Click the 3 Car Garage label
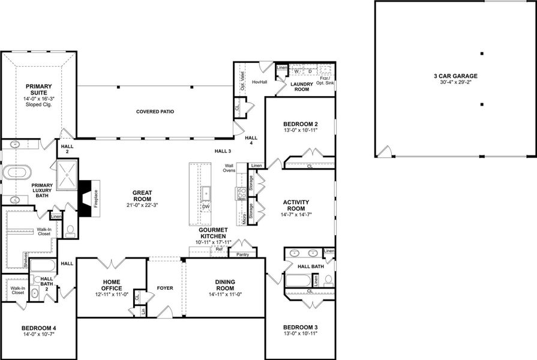[456, 76]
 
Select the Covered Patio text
[155, 112]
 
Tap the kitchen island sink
[206, 193]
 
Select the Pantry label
[242, 254]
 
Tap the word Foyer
[165, 288]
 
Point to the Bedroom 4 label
[38, 328]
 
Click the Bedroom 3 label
[300, 328]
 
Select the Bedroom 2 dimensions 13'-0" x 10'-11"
[299, 130]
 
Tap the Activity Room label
[299, 205]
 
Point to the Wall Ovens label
[229, 169]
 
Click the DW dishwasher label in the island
[206, 206]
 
